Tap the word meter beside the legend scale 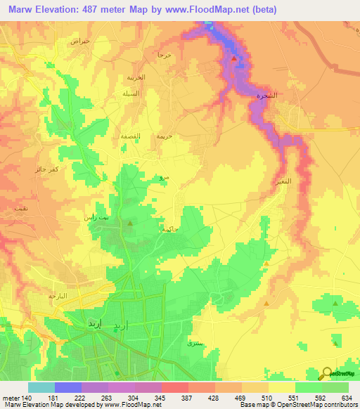(11, 398)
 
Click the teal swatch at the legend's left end (41, 387)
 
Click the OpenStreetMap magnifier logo (328, 374)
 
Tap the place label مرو (162, 178)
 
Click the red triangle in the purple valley (234, 59)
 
